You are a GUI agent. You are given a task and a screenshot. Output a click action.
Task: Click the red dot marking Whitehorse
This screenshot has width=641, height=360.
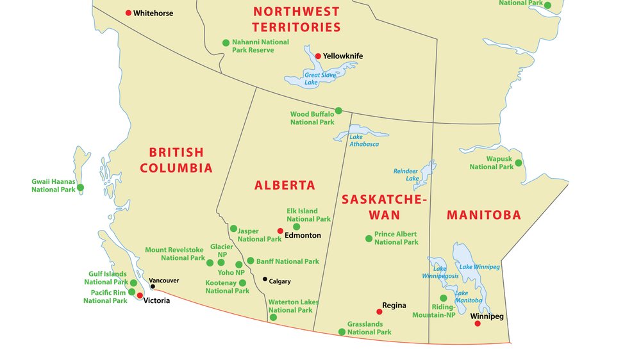[x=128, y=13]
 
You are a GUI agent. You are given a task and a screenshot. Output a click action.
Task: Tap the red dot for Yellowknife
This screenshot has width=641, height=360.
[x=318, y=56]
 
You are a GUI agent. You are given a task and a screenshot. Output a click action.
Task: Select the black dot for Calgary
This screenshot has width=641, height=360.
[x=265, y=279]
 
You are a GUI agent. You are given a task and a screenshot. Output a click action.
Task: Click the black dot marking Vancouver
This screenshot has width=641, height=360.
[x=153, y=286]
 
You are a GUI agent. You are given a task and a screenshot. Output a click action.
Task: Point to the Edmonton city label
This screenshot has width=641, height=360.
[x=303, y=235]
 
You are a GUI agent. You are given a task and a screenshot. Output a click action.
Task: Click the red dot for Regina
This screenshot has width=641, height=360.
[x=379, y=312]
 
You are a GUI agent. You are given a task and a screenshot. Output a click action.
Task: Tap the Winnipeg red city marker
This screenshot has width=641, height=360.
[x=478, y=323]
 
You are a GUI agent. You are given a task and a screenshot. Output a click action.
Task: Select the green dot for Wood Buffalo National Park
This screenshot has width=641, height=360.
[x=338, y=110]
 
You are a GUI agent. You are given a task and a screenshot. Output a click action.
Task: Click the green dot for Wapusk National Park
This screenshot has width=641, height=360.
[x=519, y=163]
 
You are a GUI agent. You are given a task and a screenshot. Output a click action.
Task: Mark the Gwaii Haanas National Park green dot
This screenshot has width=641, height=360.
[x=81, y=188]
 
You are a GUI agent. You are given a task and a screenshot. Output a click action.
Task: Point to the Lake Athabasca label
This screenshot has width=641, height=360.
[x=363, y=140]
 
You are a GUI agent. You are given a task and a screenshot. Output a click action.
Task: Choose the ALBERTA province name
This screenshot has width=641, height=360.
[x=285, y=186]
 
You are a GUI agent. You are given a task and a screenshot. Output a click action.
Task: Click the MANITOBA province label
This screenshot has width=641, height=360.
[x=484, y=215]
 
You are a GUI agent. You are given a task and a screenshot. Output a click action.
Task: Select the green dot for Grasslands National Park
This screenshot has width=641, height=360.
[x=342, y=332]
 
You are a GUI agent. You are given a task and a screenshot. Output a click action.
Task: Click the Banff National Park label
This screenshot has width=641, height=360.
[x=287, y=261]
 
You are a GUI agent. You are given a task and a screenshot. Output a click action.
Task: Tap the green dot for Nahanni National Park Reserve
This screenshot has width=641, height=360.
[x=226, y=43]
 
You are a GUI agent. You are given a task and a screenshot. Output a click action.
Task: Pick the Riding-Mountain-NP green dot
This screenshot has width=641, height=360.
[x=443, y=298]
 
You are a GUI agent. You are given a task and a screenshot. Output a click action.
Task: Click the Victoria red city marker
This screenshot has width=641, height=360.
[x=140, y=295]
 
